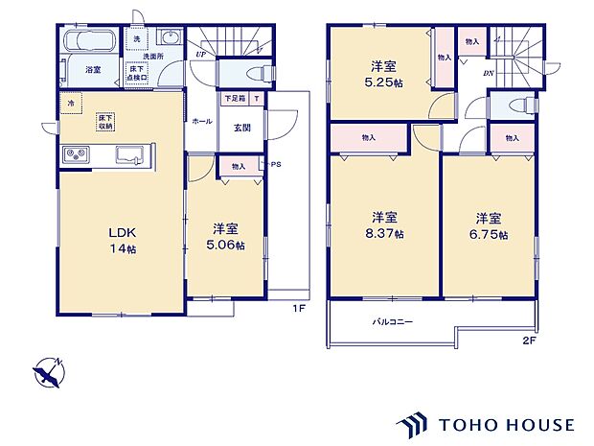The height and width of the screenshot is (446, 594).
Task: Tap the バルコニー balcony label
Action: (393, 322)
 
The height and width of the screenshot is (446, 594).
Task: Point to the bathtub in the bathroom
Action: (90, 43)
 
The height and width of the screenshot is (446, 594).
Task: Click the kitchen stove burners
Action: (75, 155)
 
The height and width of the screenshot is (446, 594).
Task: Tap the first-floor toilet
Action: (251, 72)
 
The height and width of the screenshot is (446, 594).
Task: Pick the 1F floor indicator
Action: (298, 307)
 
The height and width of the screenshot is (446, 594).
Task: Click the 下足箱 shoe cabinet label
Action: (233, 99)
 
